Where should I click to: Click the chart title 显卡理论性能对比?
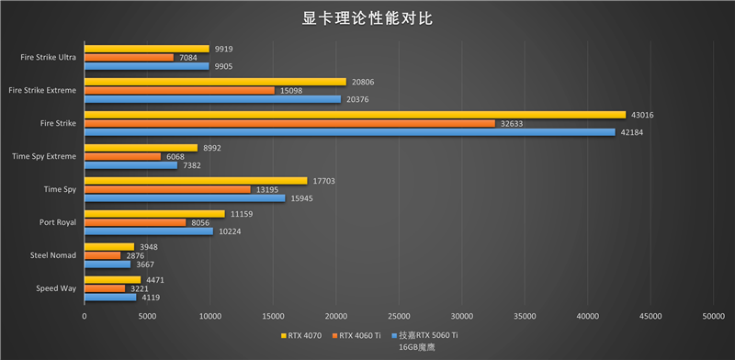tap(367, 18)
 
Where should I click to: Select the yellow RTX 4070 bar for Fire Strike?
tap(355, 115)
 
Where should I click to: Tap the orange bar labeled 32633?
tap(289, 123)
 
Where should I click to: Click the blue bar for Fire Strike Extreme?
tap(212, 99)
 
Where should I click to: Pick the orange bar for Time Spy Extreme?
tap(122, 156)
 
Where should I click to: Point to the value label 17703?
tap(324, 181)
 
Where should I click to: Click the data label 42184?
tap(633, 132)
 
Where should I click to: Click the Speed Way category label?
tap(56, 288)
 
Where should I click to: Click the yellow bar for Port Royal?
tap(154, 214)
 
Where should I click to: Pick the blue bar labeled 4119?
tap(110, 298)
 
